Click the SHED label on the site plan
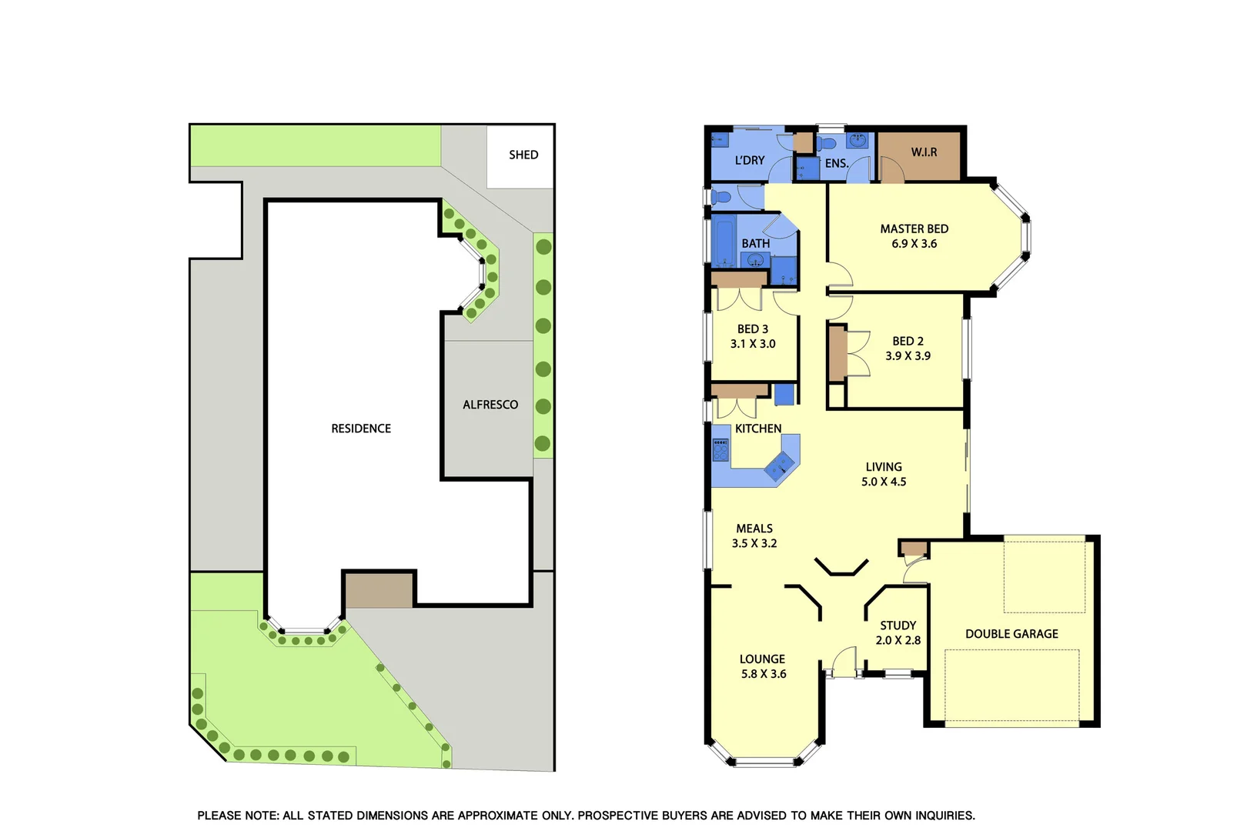523,155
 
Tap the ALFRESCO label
490,405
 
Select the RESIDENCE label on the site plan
361,429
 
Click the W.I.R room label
924,152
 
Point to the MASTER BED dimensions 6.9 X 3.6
914,244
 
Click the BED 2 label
908,341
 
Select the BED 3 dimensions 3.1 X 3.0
753,344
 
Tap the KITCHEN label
758,429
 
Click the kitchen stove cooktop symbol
720,449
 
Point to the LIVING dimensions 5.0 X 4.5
884,482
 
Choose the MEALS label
754,529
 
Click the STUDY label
898,626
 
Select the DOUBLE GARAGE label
1011,634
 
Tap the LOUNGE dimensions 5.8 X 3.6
764,674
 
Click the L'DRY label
750,160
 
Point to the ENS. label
837,163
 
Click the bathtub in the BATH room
724,241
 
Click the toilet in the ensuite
827,143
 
